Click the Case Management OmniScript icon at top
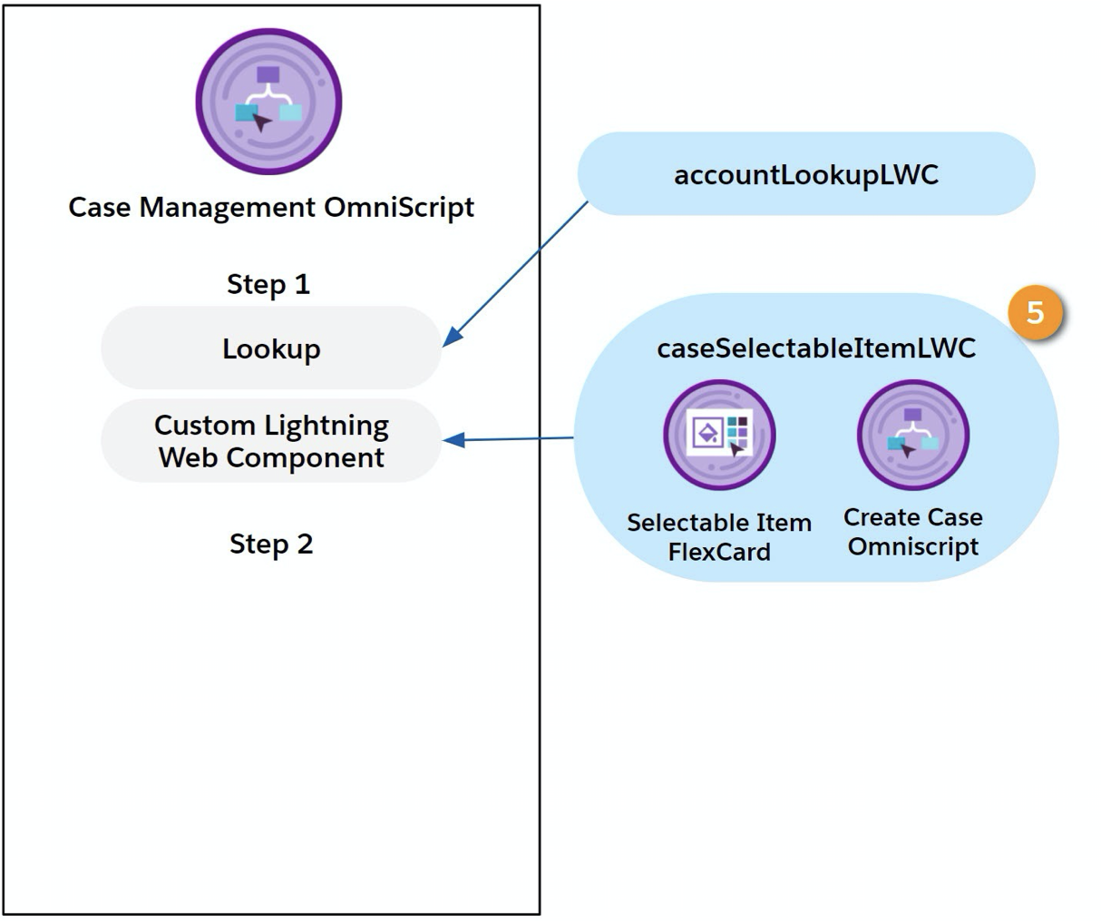click(268, 102)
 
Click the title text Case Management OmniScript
click(271, 207)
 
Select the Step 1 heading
click(268, 284)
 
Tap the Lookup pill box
click(271, 348)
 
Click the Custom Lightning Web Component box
click(271, 441)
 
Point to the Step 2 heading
click(271, 544)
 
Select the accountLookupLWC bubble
click(805, 174)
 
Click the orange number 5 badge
click(1036, 313)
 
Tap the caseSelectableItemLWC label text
click(816, 348)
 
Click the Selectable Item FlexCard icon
click(719, 435)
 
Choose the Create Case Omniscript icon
click(912, 435)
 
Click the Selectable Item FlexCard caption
click(719, 537)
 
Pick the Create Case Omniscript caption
click(912, 532)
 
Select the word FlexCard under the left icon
click(719, 552)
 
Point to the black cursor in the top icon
click(262, 122)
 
